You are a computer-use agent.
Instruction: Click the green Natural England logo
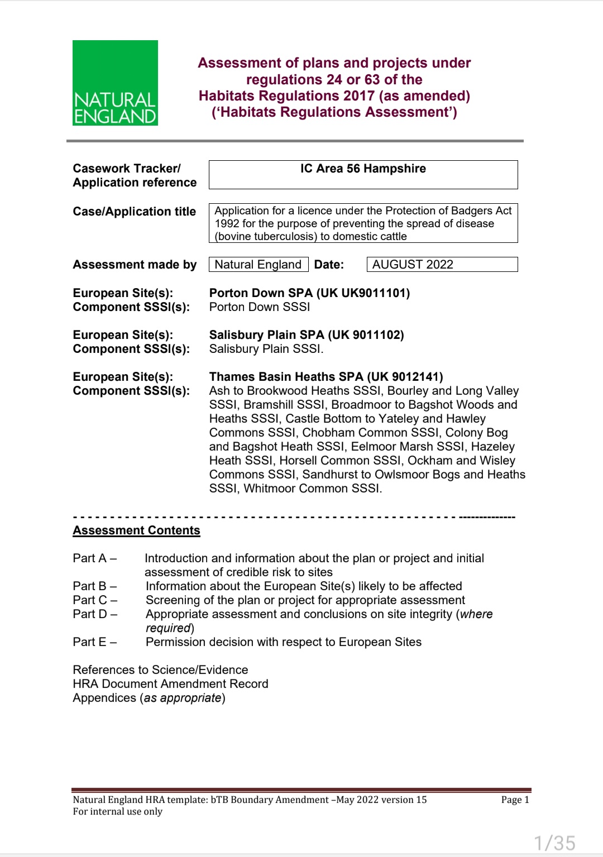[115, 83]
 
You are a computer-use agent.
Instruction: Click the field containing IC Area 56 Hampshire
[363, 174]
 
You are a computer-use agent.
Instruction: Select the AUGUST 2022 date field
[442, 265]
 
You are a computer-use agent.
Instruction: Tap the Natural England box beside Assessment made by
[258, 265]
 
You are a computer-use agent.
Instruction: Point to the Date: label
[329, 265]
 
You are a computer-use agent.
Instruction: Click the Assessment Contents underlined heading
[136, 530]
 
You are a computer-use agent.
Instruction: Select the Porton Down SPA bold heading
[309, 293]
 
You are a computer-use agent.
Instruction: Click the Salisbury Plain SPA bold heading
[307, 335]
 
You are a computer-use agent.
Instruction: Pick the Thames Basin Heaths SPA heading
[326, 377]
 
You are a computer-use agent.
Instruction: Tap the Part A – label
[94, 558]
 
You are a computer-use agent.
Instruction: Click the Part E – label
[94, 642]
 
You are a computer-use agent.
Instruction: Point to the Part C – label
[94, 600]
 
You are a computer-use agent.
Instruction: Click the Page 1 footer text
[515, 799]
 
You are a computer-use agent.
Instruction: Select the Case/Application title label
[134, 212]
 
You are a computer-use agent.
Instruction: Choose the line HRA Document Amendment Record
[170, 684]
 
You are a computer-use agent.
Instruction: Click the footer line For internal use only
[117, 811]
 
